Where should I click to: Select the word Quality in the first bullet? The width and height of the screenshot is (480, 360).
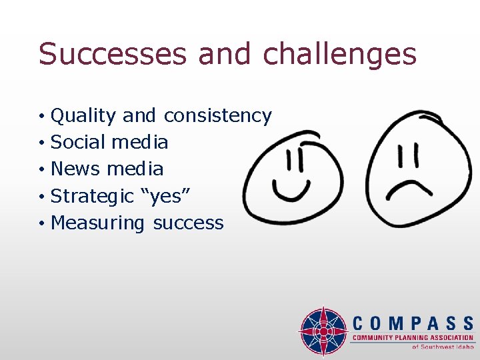tap(83, 116)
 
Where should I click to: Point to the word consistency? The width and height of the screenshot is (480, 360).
tap(217, 116)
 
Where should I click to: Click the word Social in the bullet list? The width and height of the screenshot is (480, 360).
tap(78, 142)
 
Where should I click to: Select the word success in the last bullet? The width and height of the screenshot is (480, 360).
tap(189, 223)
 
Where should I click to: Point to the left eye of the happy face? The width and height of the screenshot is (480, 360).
tap(289, 160)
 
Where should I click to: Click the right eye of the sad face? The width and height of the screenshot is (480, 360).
tap(415, 157)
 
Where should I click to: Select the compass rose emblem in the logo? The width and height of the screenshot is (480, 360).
tap(323, 331)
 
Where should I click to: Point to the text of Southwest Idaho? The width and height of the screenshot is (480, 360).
tap(443, 347)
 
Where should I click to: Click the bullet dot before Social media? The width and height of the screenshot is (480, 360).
tap(41, 143)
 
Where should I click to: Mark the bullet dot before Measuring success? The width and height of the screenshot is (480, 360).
tap(41, 224)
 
